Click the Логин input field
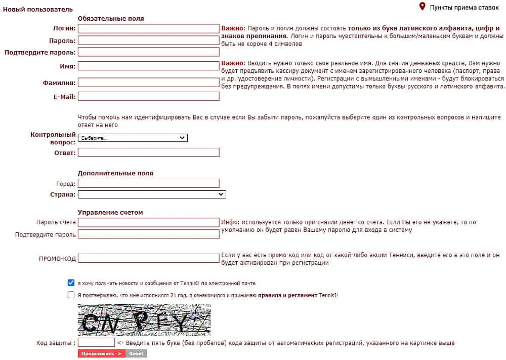(148, 29)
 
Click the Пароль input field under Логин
(148, 41)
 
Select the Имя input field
(148, 66)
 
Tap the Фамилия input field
(148, 83)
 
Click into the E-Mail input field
(148, 96)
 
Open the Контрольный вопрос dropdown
(133, 138)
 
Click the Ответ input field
(148, 152)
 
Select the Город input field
(148, 183)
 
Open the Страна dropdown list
(152, 194)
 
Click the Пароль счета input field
(148, 222)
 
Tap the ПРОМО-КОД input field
(148, 258)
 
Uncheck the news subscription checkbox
(71, 283)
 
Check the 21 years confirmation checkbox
(71, 295)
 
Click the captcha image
(144, 319)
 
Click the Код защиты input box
(96, 343)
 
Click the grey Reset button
(136, 353)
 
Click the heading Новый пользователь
(38, 9)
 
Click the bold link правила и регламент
(287, 295)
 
